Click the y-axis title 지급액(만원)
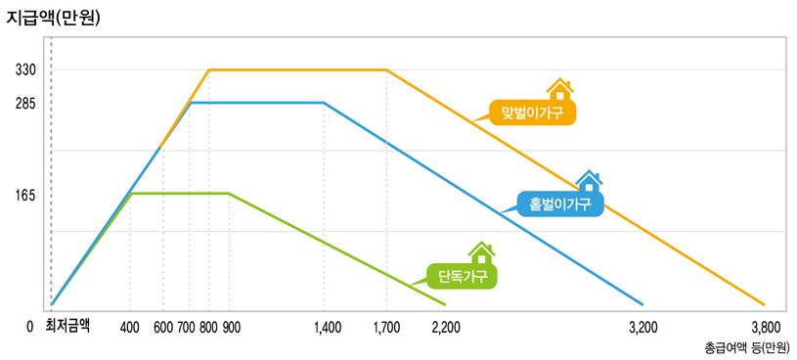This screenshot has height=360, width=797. [x=53, y=17]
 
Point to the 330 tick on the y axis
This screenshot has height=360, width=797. [x=25, y=70]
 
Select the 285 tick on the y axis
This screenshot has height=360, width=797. [x=25, y=103]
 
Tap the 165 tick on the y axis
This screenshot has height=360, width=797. [x=25, y=195]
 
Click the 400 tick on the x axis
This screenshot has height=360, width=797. [x=130, y=328]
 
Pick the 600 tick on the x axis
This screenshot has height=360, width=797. [x=163, y=328]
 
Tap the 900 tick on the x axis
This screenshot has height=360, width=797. [x=231, y=328]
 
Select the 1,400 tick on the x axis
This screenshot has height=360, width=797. [x=328, y=328]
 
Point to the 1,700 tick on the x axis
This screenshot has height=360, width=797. [x=386, y=328]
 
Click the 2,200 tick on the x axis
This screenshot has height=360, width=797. [x=446, y=328]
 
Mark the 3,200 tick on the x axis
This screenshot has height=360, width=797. [x=642, y=328]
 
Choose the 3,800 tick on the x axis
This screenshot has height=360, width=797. [x=765, y=328]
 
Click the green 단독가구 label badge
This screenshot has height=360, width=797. [x=463, y=277]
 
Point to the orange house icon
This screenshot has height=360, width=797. [x=559, y=91]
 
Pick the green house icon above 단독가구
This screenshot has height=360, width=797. [x=480, y=253]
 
